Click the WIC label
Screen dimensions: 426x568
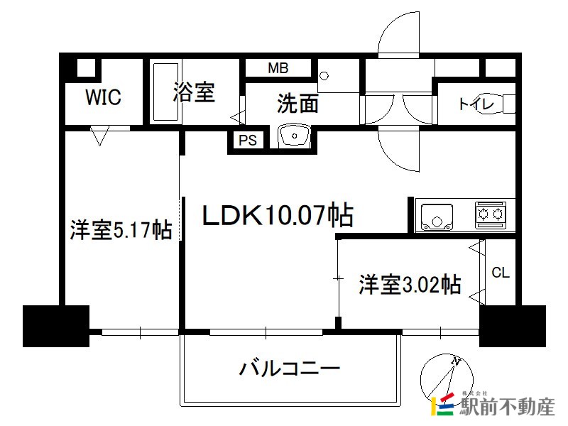[x=104, y=97]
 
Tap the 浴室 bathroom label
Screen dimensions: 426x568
[x=194, y=92]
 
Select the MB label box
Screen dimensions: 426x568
[x=278, y=68]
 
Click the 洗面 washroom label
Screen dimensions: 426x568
[x=297, y=104]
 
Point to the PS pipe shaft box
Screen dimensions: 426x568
[x=247, y=141]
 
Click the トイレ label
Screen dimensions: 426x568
[x=475, y=104]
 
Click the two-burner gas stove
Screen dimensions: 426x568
[x=491, y=214]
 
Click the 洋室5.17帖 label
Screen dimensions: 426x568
[x=121, y=230]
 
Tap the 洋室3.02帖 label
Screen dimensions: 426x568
[x=409, y=285]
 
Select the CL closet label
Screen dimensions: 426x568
[x=501, y=272]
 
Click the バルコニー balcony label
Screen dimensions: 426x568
[x=290, y=368]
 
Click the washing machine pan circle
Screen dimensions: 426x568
[x=324, y=75]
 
